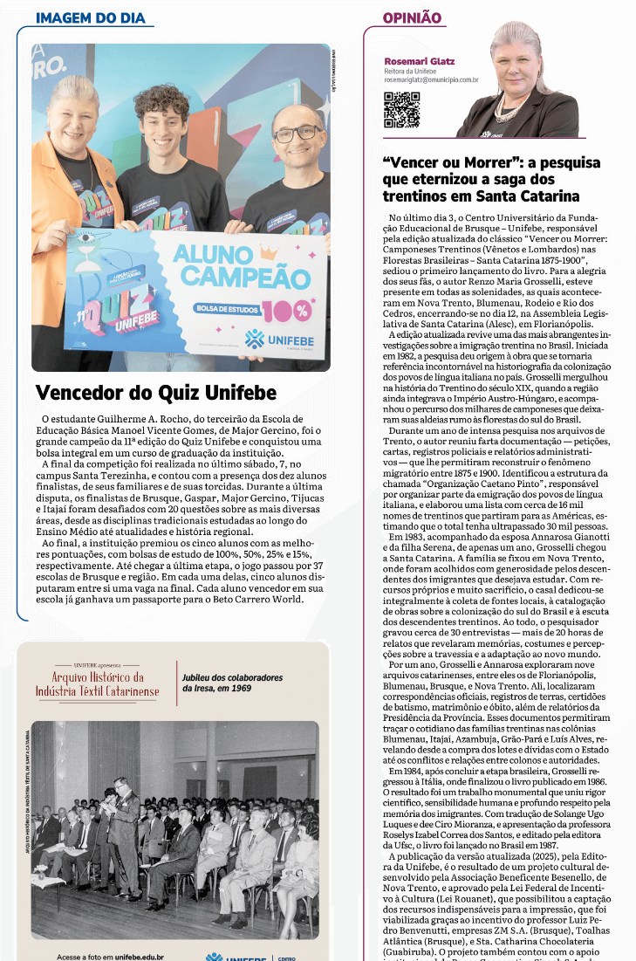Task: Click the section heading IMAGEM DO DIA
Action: [91, 18]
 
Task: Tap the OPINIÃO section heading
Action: [412, 18]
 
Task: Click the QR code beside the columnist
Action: [401, 109]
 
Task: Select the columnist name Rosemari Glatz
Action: [419, 62]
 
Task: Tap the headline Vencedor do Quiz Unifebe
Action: [155, 392]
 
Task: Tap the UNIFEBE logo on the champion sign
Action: [275, 339]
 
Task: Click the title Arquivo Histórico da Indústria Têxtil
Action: [98, 684]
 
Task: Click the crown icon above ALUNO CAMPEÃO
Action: [267, 253]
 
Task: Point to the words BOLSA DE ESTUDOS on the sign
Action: [222, 309]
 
